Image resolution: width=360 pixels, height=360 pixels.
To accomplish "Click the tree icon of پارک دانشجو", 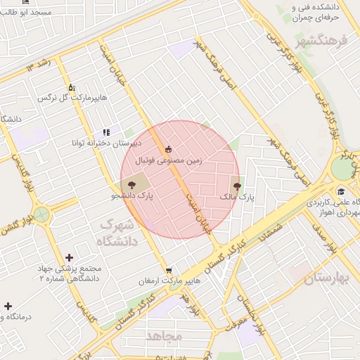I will click(x=134, y=185).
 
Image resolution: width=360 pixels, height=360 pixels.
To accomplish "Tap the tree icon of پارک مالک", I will click(x=236, y=187).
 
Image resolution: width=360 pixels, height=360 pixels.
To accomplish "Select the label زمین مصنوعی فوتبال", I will click(x=173, y=161).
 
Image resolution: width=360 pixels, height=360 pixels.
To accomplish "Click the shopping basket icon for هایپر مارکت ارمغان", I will click(x=169, y=270).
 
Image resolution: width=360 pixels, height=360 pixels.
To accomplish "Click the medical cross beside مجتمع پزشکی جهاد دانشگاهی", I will click(x=68, y=258).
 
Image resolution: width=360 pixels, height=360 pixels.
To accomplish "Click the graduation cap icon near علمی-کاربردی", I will click(x=341, y=191).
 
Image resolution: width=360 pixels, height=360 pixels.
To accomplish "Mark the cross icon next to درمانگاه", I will click(x=8, y=306).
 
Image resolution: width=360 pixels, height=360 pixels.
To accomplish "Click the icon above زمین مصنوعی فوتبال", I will click(x=168, y=149).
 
